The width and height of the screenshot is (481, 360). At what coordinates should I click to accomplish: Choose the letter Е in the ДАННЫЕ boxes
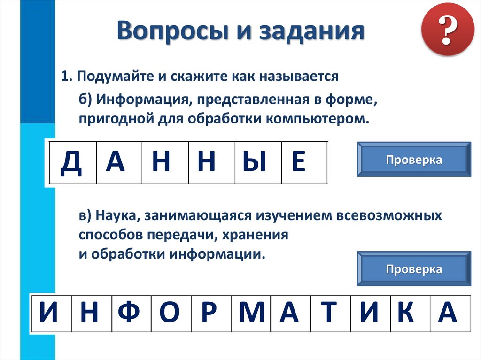click(298, 162)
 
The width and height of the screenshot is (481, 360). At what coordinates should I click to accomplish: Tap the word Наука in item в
click(117, 216)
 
